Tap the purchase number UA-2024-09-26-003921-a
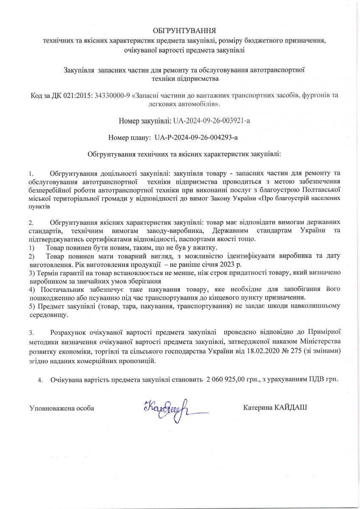[x=211, y=120]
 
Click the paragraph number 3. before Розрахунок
[x=31, y=333]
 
